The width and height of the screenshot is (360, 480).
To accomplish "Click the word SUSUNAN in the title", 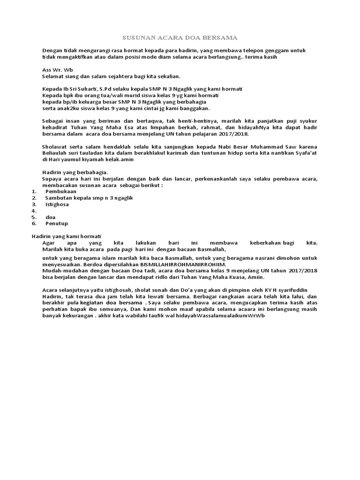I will click(x=137, y=37).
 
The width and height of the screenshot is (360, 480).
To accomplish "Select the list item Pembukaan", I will click(x=61, y=191).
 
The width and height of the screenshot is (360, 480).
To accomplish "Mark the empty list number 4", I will click(x=34, y=211).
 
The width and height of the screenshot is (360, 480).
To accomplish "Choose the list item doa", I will click(x=51, y=217).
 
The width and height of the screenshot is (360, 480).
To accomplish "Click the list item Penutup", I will click(x=57, y=224).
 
